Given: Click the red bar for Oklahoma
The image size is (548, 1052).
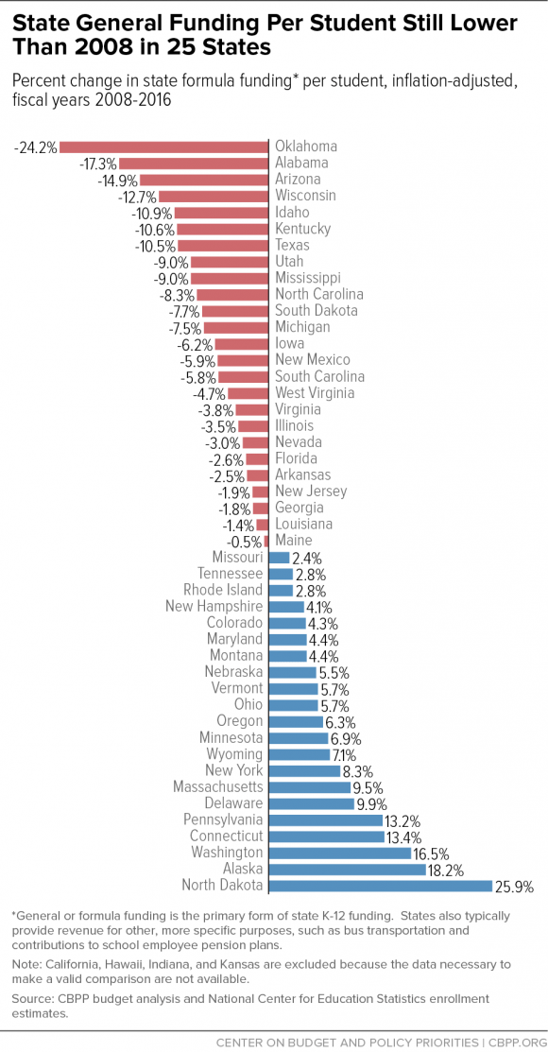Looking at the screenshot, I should [x=165, y=147].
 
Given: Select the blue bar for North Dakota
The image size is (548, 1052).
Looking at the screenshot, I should [x=381, y=886].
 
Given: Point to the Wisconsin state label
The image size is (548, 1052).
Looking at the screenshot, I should [x=305, y=196].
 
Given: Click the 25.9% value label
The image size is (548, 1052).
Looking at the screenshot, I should [x=516, y=886].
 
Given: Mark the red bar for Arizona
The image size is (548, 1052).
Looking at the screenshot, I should [x=204, y=180].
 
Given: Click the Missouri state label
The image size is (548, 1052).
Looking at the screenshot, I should [x=238, y=558].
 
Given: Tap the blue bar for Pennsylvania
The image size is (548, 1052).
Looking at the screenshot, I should [x=326, y=819].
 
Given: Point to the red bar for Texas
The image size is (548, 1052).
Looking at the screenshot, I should [x=223, y=245].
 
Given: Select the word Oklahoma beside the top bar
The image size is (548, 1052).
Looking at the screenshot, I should [x=306, y=147].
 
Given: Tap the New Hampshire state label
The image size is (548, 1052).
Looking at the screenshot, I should [x=214, y=606].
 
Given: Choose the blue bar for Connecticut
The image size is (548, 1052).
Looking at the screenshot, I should [x=326, y=836].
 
